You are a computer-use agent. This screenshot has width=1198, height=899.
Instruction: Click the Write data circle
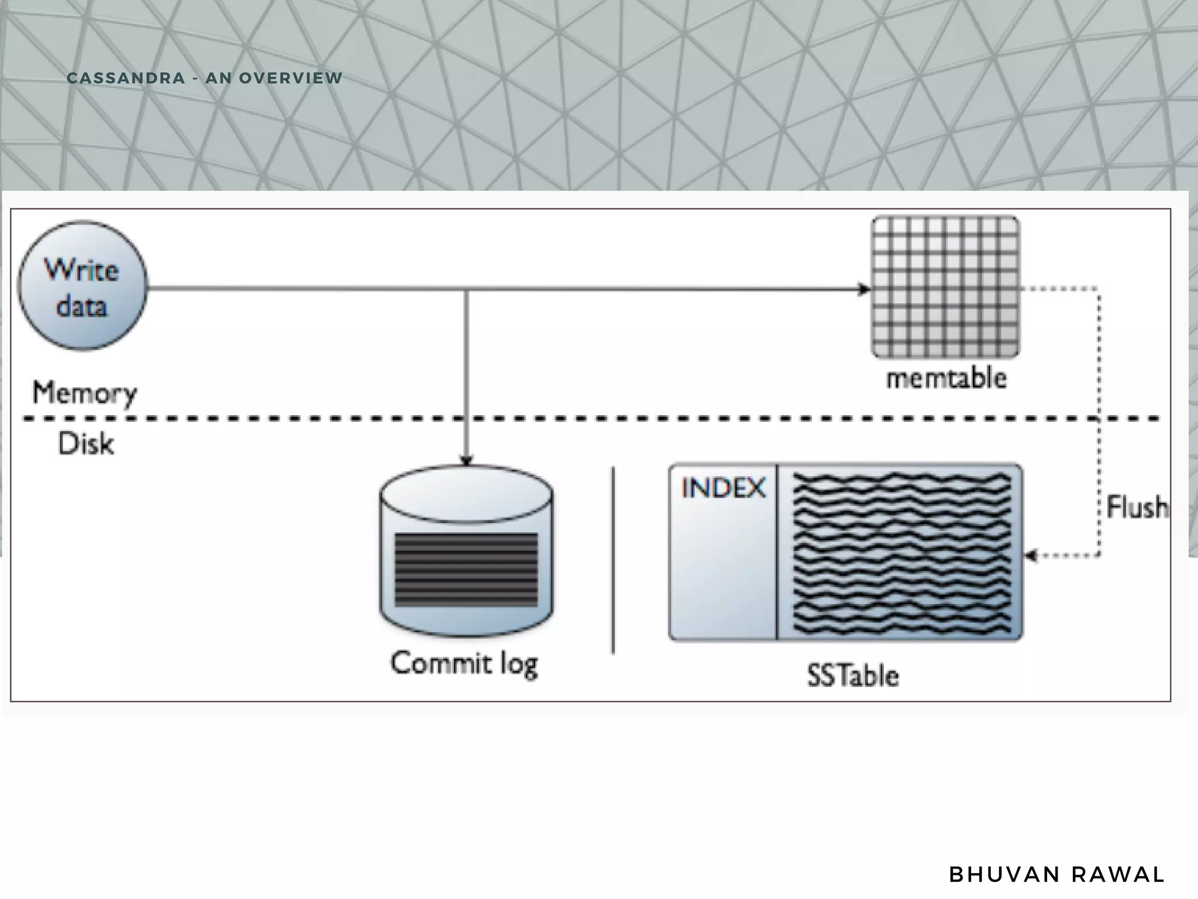[82, 286]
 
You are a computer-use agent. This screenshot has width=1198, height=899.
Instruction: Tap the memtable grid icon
[945, 287]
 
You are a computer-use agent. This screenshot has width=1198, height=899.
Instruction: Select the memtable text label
[946, 379]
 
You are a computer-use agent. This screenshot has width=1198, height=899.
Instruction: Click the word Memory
[84, 393]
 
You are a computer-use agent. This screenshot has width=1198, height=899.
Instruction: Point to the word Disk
[85, 444]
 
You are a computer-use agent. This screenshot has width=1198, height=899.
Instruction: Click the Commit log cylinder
[466, 550]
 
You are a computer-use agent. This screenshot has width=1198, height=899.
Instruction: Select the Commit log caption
[464, 664]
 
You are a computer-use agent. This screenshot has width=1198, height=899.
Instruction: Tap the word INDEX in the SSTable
[723, 488]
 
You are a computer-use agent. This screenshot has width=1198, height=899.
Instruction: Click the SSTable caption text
[853, 676]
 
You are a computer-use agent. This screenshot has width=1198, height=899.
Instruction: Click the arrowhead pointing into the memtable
[864, 289]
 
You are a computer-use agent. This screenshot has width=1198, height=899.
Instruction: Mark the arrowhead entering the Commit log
[466, 461]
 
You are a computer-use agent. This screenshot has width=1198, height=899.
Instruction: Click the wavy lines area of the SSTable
[901, 553]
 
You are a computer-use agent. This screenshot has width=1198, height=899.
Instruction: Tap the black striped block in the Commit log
[466, 569]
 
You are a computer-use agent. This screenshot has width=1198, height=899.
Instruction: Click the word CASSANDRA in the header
[126, 78]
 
